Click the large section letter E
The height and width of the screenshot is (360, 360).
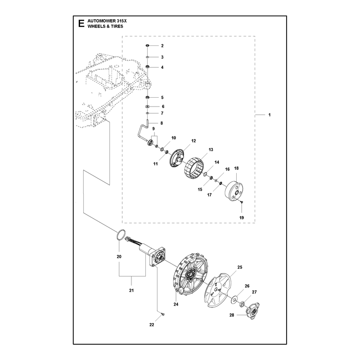click(x=81, y=23)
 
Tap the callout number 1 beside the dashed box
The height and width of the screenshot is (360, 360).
click(x=270, y=115)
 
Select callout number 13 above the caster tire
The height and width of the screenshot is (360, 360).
click(x=211, y=149)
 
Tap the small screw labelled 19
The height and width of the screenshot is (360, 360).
click(x=242, y=202)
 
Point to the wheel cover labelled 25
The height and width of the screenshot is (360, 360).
click(x=217, y=290)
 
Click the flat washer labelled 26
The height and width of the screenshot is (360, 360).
click(x=234, y=299)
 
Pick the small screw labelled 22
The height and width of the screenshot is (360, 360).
click(x=163, y=314)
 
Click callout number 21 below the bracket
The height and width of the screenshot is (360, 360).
click(x=131, y=290)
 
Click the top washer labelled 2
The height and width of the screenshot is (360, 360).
click(x=148, y=45)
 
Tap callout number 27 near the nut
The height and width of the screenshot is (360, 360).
click(x=254, y=292)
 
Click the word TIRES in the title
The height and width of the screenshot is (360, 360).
click(x=117, y=26)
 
